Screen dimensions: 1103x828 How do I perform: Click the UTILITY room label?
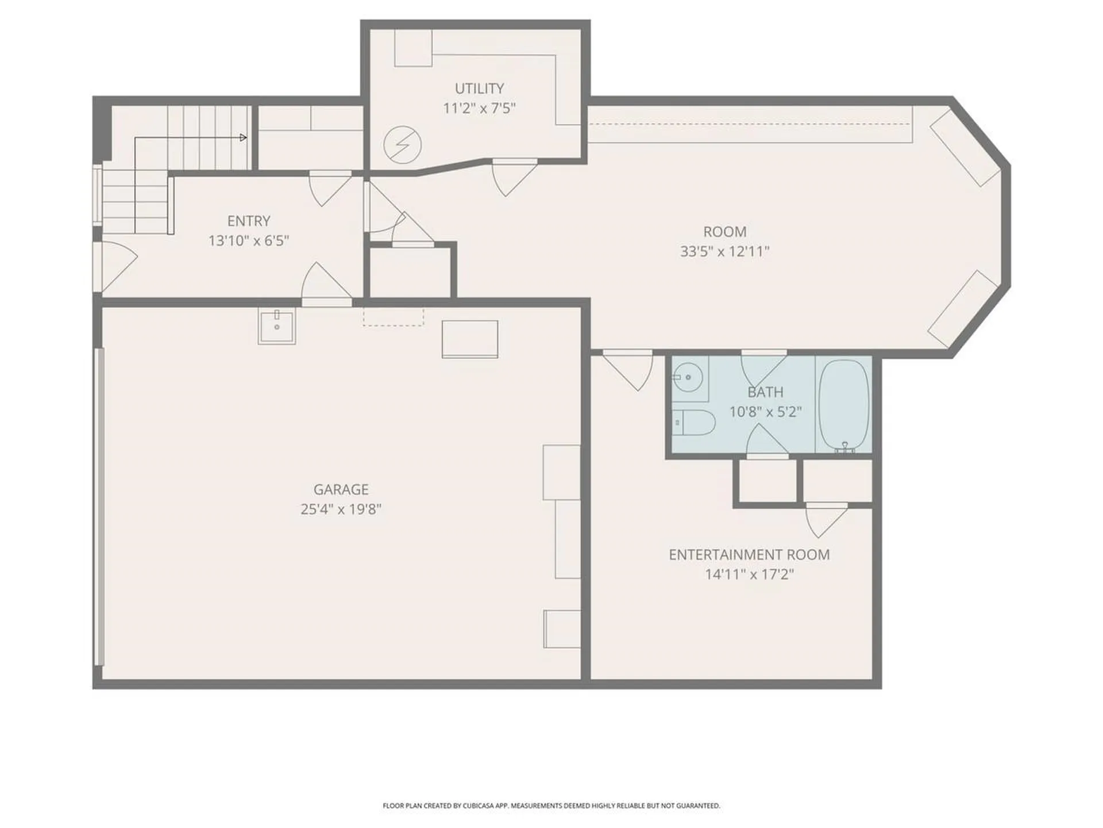click(x=479, y=89)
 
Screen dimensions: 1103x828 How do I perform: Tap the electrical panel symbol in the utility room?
click(x=403, y=144)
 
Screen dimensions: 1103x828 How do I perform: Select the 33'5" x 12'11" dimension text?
click(x=724, y=251)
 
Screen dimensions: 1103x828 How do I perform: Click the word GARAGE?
click(x=341, y=489)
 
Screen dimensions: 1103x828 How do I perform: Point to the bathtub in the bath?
click(x=843, y=405)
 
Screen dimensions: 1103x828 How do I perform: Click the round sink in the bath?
click(x=688, y=378)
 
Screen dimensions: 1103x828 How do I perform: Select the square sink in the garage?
click(x=277, y=326)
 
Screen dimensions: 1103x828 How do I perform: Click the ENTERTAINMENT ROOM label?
click(x=749, y=555)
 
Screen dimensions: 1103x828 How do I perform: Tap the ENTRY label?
click(x=249, y=221)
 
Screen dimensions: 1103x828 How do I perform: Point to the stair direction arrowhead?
click(x=244, y=137)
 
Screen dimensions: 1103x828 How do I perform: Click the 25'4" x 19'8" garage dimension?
click(x=341, y=509)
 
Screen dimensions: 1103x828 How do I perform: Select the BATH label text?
click(x=765, y=392)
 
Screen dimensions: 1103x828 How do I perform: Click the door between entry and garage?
click(x=326, y=283)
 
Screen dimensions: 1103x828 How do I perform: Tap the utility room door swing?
click(x=514, y=178)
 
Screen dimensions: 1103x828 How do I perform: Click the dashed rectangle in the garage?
click(x=393, y=317)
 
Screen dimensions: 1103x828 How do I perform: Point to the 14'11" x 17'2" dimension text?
click(x=749, y=574)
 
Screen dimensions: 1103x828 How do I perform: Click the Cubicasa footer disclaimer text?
click(x=551, y=806)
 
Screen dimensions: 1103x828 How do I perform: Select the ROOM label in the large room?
click(x=725, y=232)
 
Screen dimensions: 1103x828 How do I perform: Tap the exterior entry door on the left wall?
click(x=115, y=266)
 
